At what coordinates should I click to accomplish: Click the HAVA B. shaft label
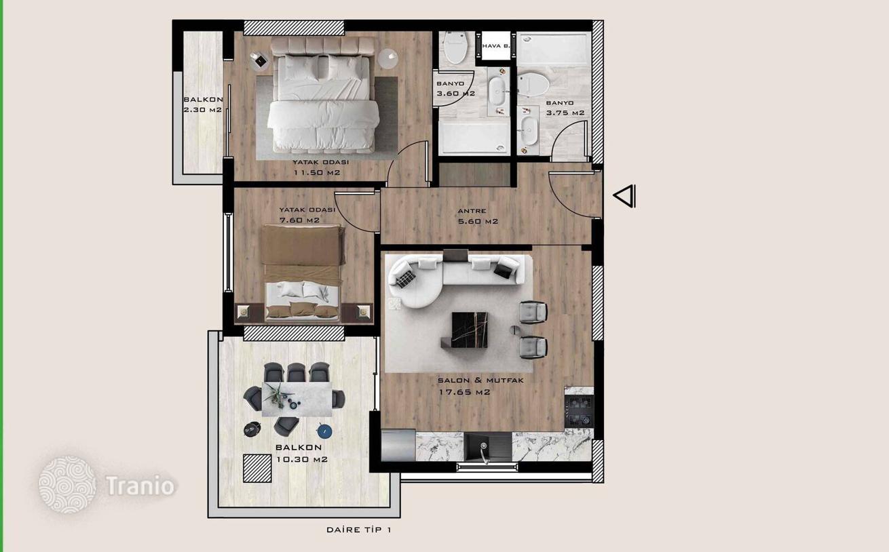[495, 46]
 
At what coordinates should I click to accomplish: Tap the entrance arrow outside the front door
[625, 196]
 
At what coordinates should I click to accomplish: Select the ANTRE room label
[472, 211]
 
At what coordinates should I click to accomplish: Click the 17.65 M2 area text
[464, 392]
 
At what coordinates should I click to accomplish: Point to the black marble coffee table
[469, 330]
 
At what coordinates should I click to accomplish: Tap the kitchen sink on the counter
[488, 447]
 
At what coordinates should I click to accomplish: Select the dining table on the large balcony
[297, 399]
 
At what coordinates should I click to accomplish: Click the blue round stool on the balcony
[324, 431]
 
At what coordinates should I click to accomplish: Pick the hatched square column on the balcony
[257, 468]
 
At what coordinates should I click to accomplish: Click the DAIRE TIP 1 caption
[359, 530]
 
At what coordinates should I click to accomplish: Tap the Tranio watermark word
[140, 486]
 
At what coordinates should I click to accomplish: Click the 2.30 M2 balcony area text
[202, 109]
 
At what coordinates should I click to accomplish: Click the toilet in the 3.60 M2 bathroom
[455, 47]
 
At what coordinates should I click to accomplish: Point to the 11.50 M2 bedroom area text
[317, 172]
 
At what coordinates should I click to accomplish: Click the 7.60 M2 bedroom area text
[299, 220]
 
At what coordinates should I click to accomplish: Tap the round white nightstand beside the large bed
[387, 59]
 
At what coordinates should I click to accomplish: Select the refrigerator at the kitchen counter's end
[398, 446]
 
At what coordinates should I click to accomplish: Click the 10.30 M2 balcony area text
[301, 460]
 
